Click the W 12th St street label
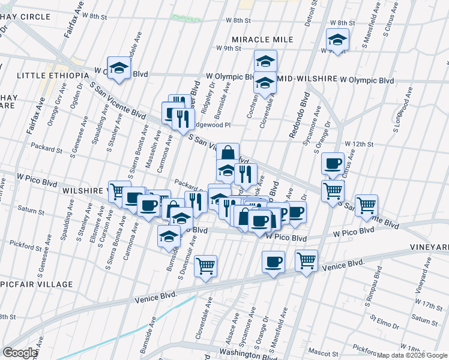coord(359,145)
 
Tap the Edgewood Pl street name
coord(210,125)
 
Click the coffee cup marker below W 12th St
coord(332,163)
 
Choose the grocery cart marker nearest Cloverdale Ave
coord(205,265)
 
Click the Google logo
coord(20,353)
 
